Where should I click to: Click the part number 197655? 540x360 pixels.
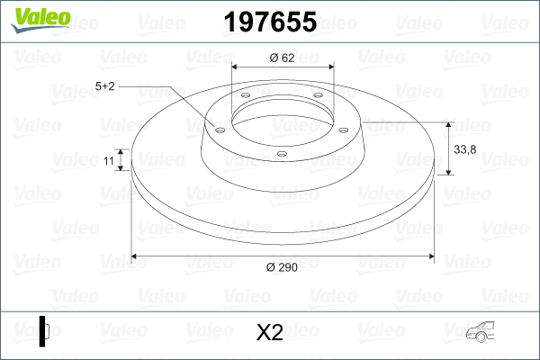point(269,22)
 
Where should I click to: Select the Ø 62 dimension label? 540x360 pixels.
point(283,58)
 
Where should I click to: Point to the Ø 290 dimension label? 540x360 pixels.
point(283,266)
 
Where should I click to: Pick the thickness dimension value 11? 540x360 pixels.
point(108,160)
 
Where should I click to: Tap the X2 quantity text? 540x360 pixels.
point(269,333)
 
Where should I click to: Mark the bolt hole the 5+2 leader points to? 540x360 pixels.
point(219,129)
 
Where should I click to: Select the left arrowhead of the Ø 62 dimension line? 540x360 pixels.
point(236,67)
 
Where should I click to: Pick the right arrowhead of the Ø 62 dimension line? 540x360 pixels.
point(329,67)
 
